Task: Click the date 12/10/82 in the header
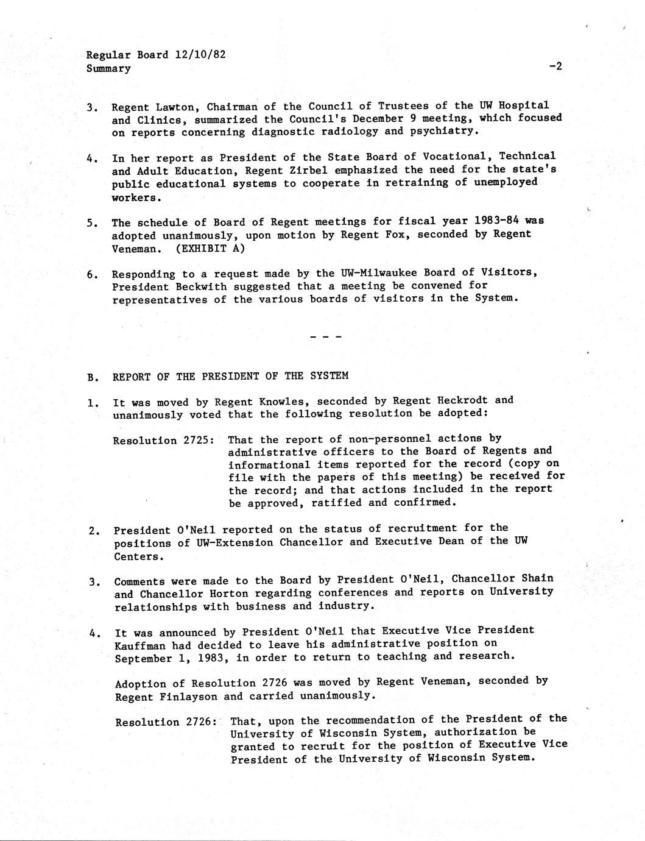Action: click(x=200, y=54)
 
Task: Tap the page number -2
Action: click(x=554, y=66)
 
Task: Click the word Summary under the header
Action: click(x=108, y=68)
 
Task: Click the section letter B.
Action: click(x=91, y=377)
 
